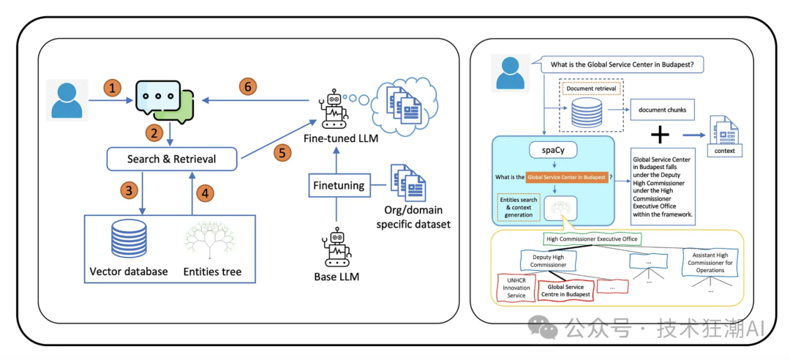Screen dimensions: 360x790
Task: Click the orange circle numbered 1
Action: pos(113,89)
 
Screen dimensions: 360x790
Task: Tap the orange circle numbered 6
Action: pos(248,86)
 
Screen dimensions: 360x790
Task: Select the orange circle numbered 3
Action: pos(129,192)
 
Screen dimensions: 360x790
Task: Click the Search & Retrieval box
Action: pos(171,158)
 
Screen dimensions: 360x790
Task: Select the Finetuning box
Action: pos(338,185)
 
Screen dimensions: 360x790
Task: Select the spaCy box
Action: pos(553,150)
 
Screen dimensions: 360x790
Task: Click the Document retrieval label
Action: pos(590,89)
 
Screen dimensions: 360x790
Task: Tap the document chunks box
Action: pos(661,110)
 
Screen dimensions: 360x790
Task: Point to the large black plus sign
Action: pos(660,135)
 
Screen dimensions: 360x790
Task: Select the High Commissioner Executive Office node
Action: pos(593,239)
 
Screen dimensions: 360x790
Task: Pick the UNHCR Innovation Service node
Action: pos(516,287)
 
